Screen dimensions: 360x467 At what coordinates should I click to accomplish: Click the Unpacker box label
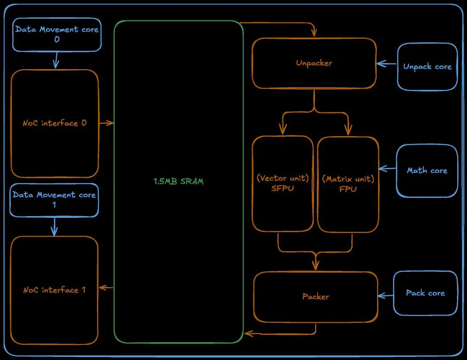(x=314, y=63)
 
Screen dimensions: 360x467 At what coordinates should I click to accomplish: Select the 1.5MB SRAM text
(x=178, y=182)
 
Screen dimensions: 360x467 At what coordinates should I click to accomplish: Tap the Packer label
(x=315, y=297)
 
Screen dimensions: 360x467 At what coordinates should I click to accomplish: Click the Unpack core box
(x=427, y=67)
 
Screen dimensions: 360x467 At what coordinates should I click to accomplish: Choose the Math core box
(x=427, y=171)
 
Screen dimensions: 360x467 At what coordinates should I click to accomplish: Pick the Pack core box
(x=425, y=293)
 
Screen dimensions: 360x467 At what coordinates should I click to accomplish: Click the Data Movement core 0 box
(x=57, y=35)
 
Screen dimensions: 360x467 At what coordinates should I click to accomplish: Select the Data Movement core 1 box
(x=54, y=200)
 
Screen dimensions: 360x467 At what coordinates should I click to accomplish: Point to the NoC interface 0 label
(x=54, y=123)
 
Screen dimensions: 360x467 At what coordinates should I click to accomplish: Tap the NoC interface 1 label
(x=54, y=290)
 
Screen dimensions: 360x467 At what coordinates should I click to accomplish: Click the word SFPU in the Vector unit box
(x=283, y=188)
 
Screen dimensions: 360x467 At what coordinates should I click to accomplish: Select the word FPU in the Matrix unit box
(x=348, y=189)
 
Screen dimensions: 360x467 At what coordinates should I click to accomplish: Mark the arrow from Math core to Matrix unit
(x=387, y=169)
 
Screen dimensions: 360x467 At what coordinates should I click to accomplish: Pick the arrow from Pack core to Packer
(x=385, y=296)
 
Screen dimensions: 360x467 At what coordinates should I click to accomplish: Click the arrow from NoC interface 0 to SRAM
(x=106, y=123)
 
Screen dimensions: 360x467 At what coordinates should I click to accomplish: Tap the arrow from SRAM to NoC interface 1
(x=106, y=287)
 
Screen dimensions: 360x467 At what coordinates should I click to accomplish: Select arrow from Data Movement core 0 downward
(x=56, y=60)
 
